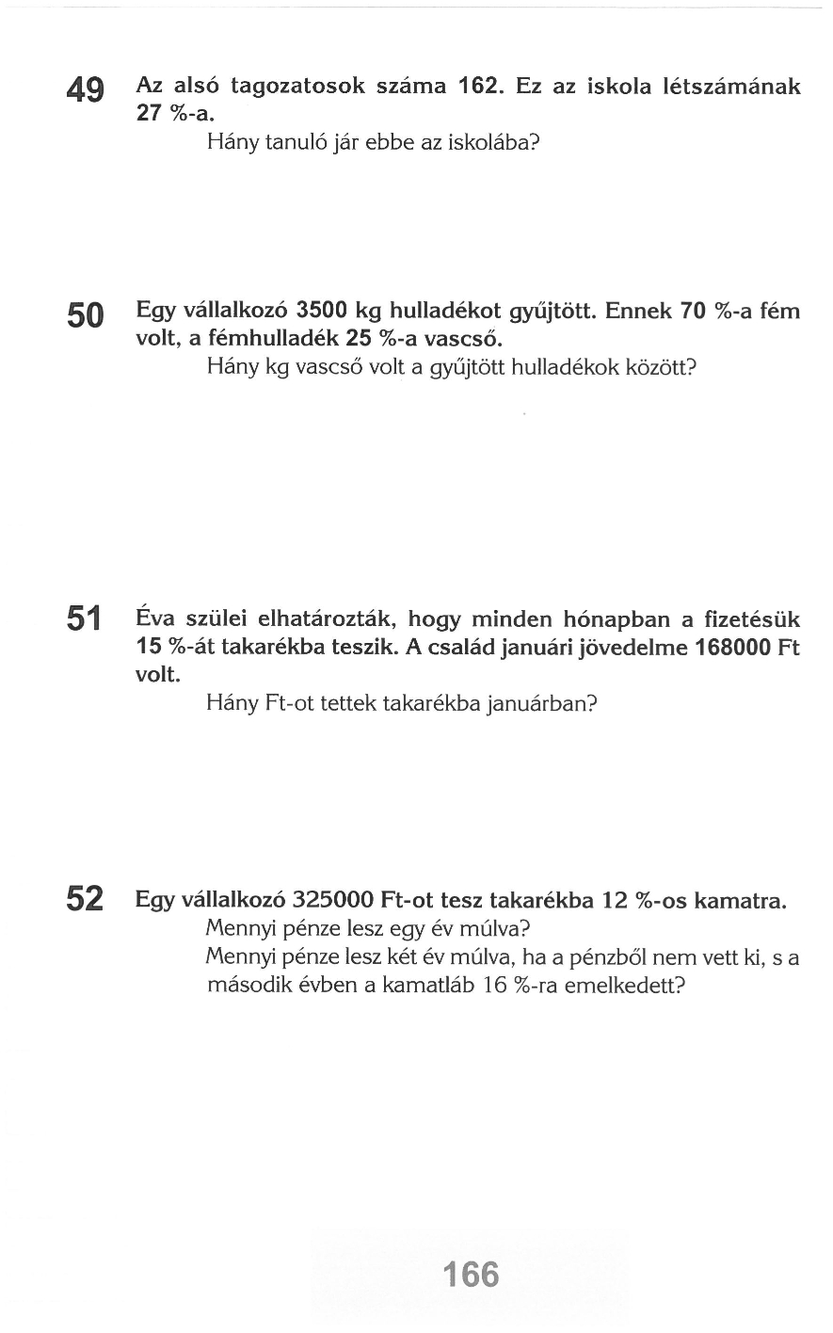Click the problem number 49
pos(86,91)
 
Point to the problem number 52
pos(86,899)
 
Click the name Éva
pos(155,619)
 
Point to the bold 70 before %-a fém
pos(694,311)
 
